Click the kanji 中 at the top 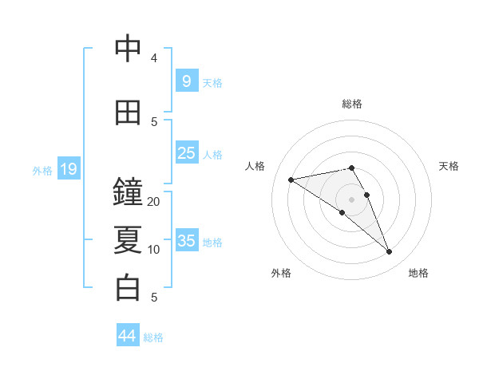point(128,49)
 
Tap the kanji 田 point(128,112)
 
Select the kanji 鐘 point(128,192)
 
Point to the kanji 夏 point(128,240)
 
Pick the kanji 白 point(128,288)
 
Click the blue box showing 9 point(186,81)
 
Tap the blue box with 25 point(186,153)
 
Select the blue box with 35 point(186,241)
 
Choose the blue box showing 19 point(68,169)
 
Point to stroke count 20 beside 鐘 point(154,202)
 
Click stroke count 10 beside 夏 point(154,250)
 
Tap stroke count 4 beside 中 point(154,58)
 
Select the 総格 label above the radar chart point(352,104)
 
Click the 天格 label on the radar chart point(449,166)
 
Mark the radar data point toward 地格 point(390,252)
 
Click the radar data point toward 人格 point(291,180)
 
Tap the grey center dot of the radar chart point(352,199)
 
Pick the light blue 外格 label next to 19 point(42,170)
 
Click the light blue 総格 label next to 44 point(153,337)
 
